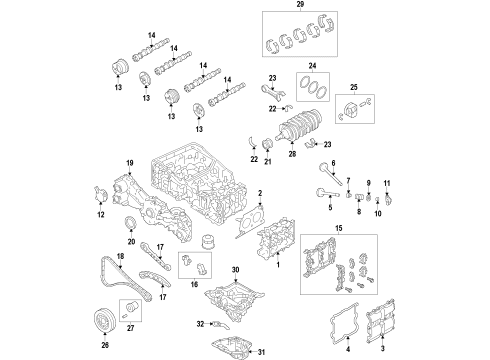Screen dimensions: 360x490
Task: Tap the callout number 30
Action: [x=236, y=270]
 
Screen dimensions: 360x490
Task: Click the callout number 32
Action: [x=200, y=324]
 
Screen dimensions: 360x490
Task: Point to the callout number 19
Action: [x=129, y=162]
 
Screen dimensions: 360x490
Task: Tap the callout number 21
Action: [x=267, y=163]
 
